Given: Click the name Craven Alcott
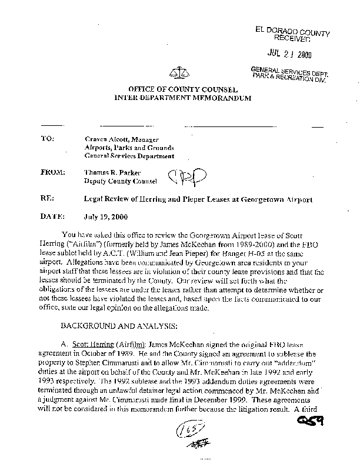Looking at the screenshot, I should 106,139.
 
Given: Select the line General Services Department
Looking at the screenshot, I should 129,156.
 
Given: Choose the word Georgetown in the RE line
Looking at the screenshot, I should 258,199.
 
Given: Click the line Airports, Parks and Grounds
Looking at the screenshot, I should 129,147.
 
